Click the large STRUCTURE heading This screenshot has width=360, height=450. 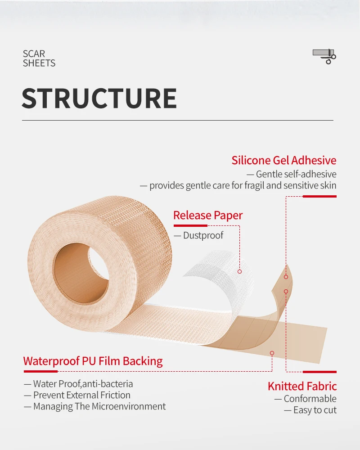[99, 99]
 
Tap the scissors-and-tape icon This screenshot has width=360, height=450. [324, 56]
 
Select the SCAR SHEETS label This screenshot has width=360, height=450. [39, 58]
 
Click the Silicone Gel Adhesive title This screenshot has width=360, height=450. [284, 160]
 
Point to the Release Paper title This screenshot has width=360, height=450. [208, 216]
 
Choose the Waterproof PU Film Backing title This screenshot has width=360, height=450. [93, 361]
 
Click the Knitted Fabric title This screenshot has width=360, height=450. [302, 386]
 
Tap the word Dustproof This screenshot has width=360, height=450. [203, 235]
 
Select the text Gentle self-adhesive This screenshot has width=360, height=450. [296, 174]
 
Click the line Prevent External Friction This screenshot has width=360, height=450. [81, 395]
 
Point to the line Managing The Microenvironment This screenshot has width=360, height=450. [99, 406]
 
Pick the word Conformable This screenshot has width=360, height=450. [310, 399]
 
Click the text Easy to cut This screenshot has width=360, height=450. [315, 410]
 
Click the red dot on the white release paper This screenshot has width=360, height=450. [239, 271]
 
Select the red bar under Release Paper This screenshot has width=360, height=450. [190, 225]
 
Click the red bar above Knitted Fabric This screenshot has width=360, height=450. [319, 372]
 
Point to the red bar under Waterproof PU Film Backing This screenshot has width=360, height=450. [40, 371]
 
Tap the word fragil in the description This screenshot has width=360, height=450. [255, 185]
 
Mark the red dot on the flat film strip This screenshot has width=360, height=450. [272, 353]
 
